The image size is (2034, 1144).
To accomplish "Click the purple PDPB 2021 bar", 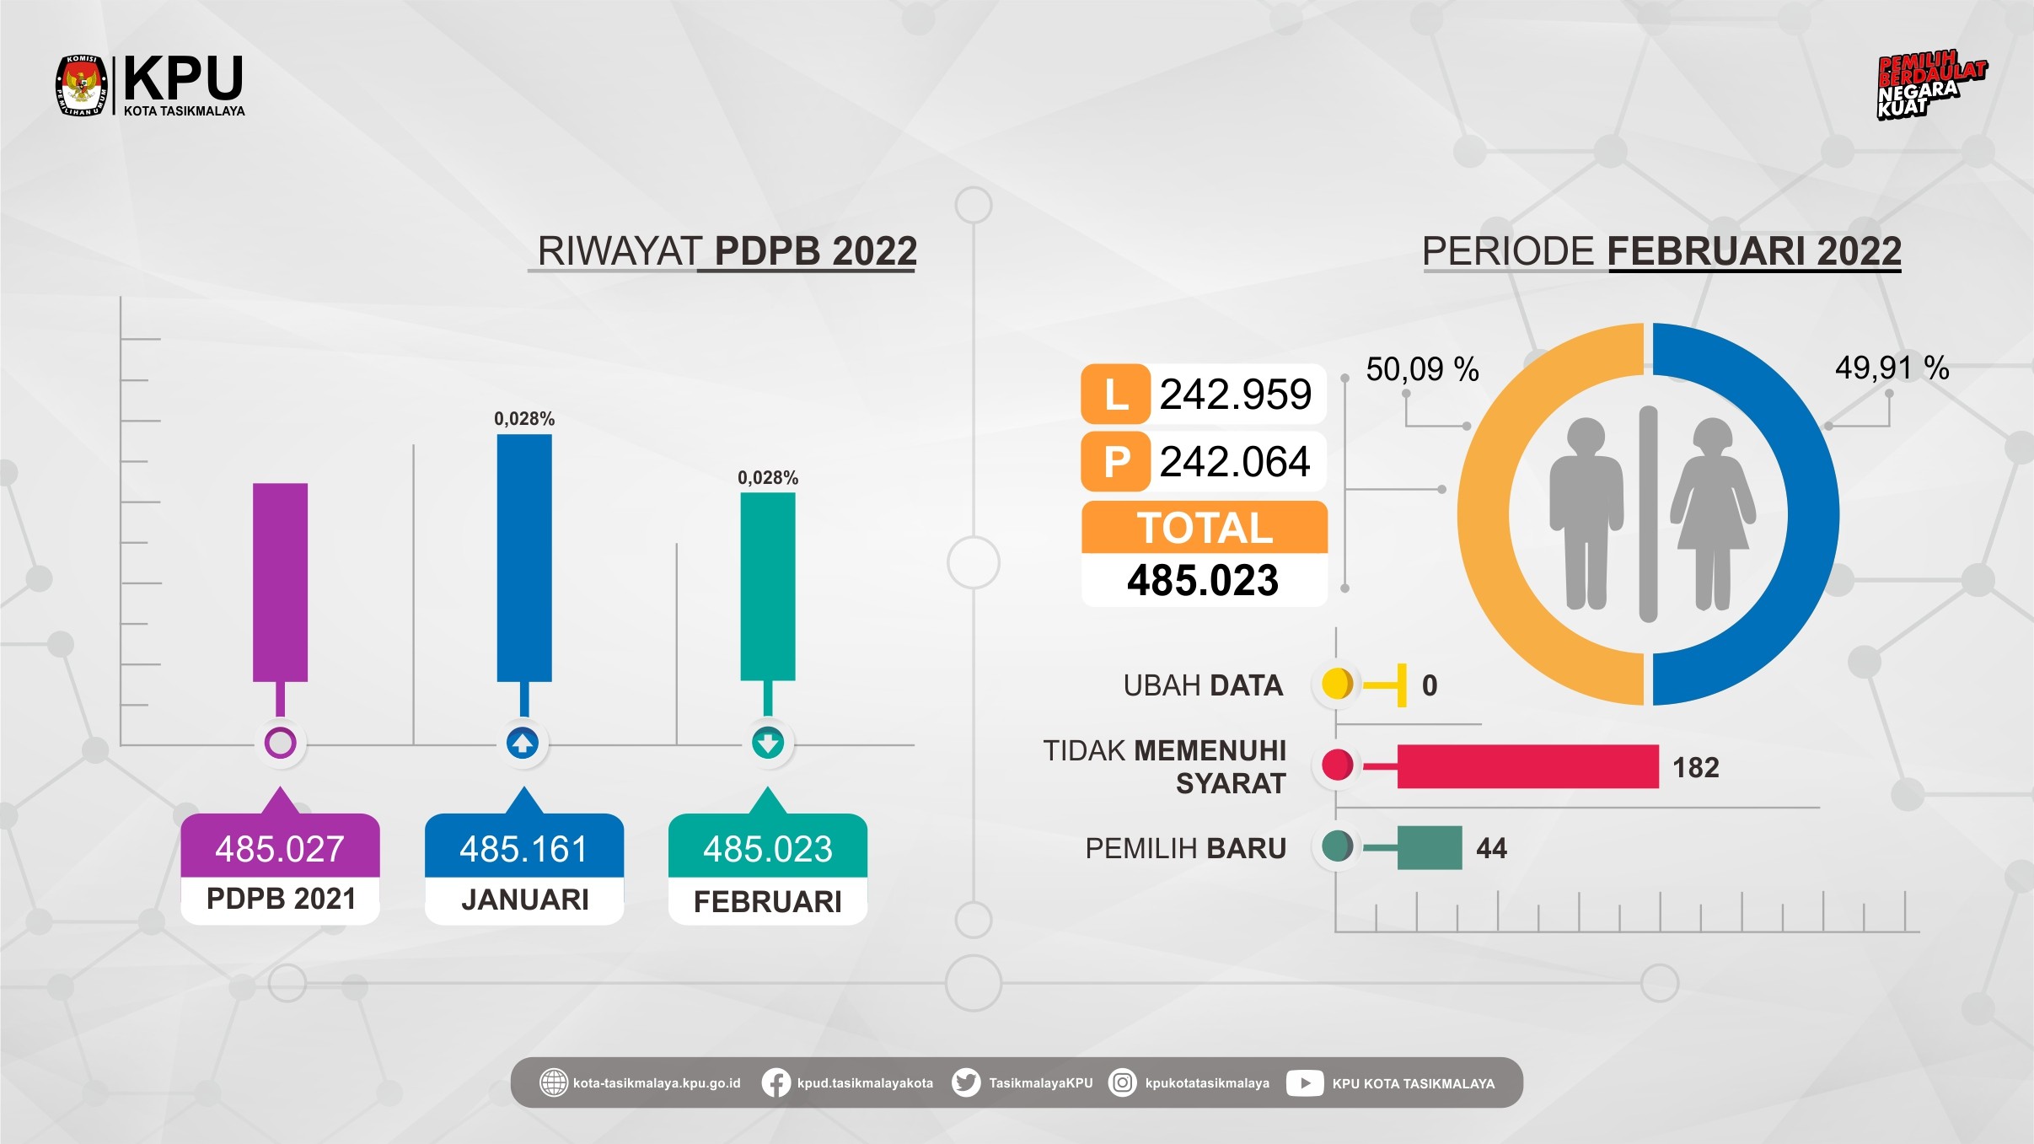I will pyautogui.click(x=280, y=582).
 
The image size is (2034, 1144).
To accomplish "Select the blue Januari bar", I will pyautogui.click(x=524, y=557).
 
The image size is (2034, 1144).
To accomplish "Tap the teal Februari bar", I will pyautogui.click(x=768, y=586).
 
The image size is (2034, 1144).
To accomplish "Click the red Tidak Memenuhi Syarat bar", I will pyautogui.click(x=1527, y=766).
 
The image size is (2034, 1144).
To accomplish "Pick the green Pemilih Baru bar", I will pyautogui.click(x=1429, y=847).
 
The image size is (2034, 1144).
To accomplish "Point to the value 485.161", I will pyautogui.click(x=523, y=849).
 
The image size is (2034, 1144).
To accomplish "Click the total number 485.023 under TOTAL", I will pyautogui.click(x=1203, y=581).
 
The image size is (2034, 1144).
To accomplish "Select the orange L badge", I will pyautogui.click(x=1115, y=394).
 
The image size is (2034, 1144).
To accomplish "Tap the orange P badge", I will pyautogui.click(x=1115, y=461).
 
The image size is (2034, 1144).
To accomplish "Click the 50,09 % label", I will pyautogui.click(x=1422, y=369).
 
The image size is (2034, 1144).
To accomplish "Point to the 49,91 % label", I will pyautogui.click(x=1892, y=368).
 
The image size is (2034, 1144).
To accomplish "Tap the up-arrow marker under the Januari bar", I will pyautogui.click(x=523, y=743).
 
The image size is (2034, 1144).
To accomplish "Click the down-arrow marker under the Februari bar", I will pyautogui.click(x=768, y=743).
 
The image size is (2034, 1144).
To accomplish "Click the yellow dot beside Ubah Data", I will pyautogui.click(x=1337, y=684).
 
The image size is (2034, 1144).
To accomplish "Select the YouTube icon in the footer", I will pyautogui.click(x=1304, y=1082).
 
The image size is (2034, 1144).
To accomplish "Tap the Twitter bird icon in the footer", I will pyautogui.click(x=966, y=1082).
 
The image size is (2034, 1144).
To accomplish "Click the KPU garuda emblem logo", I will pyautogui.click(x=82, y=85).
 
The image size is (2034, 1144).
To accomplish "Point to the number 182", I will pyautogui.click(x=1695, y=767).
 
